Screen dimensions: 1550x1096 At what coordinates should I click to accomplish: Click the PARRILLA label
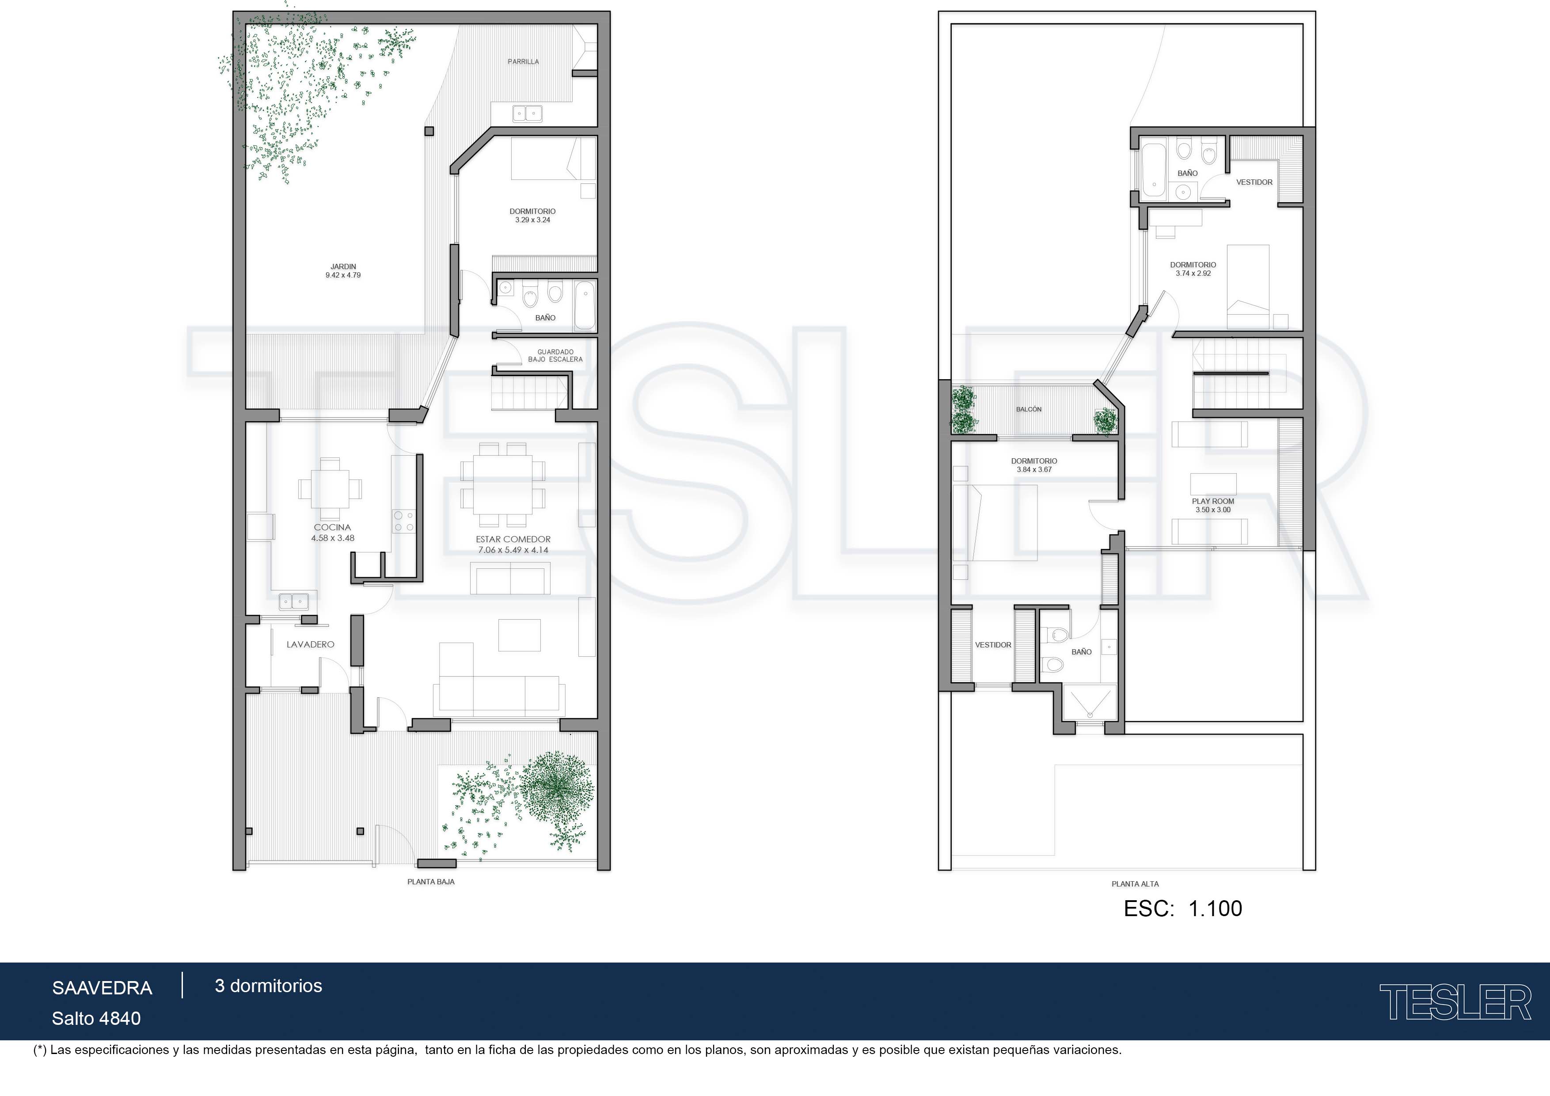(523, 61)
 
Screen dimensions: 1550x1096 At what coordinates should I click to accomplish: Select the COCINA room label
(332, 527)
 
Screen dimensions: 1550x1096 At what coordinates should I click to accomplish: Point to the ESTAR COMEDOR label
(513, 539)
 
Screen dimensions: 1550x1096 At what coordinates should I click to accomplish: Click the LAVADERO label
(311, 644)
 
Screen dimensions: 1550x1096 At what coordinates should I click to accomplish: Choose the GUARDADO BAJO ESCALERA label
(555, 356)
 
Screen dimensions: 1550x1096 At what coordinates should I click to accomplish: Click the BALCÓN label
(1029, 409)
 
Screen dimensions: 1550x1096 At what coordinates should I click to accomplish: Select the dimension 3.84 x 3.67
(1034, 469)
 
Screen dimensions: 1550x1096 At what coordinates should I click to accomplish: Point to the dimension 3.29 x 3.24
(532, 220)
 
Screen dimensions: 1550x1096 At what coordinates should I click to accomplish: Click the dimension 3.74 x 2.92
(1193, 274)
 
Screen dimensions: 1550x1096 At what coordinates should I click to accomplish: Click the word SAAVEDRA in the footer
(103, 988)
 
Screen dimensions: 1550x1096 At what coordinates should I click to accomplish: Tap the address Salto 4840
(96, 1018)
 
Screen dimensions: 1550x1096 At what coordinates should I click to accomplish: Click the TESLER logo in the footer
(1455, 1002)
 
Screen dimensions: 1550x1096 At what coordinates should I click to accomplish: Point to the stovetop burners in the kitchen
(404, 521)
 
